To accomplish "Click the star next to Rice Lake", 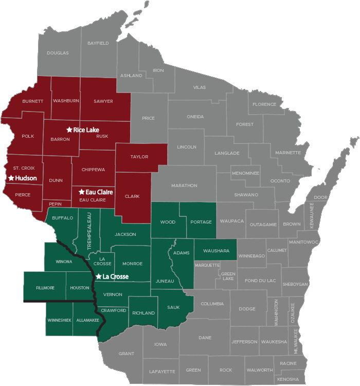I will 69,130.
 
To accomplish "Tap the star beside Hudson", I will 11,178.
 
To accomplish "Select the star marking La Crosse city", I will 99,277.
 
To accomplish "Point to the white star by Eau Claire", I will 81,192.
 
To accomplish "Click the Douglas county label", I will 58,53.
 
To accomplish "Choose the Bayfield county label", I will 98,43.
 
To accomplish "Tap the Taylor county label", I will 139,157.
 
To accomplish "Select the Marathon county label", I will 184,185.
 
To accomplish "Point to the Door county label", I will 320,197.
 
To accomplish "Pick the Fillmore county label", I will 45,288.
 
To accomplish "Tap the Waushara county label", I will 215,250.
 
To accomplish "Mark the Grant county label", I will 126,354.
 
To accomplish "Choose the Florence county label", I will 264,104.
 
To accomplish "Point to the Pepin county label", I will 55,204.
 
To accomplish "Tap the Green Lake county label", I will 228,275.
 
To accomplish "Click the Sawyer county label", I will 103,101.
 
